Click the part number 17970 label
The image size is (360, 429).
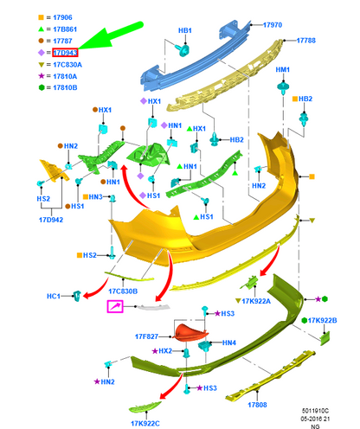(x=273, y=25)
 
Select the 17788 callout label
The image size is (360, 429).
(x=306, y=41)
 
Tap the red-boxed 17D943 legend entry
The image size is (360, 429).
(x=65, y=53)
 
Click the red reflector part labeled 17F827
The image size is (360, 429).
(x=190, y=332)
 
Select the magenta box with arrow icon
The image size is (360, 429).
(x=115, y=306)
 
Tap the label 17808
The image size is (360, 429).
(x=257, y=405)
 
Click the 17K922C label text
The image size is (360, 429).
(x=145, y=423)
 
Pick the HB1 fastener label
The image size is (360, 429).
(x=185, y=30)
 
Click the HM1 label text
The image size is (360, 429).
(x=283, y=70)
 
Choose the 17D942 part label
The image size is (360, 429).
(x=51, y=220)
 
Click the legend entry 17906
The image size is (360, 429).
(x=62, y=17)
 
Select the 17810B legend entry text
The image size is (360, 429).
(x=65, y=87)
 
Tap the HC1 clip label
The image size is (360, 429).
(x=54, y=296)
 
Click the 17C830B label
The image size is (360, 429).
(x=123, y=291)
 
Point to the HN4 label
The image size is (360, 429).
(x=229, y=343)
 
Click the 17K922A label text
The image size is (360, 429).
(x=256, y=301)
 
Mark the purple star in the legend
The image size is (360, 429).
(x=42, y=76)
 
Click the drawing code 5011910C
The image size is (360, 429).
(x=315, y=411)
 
